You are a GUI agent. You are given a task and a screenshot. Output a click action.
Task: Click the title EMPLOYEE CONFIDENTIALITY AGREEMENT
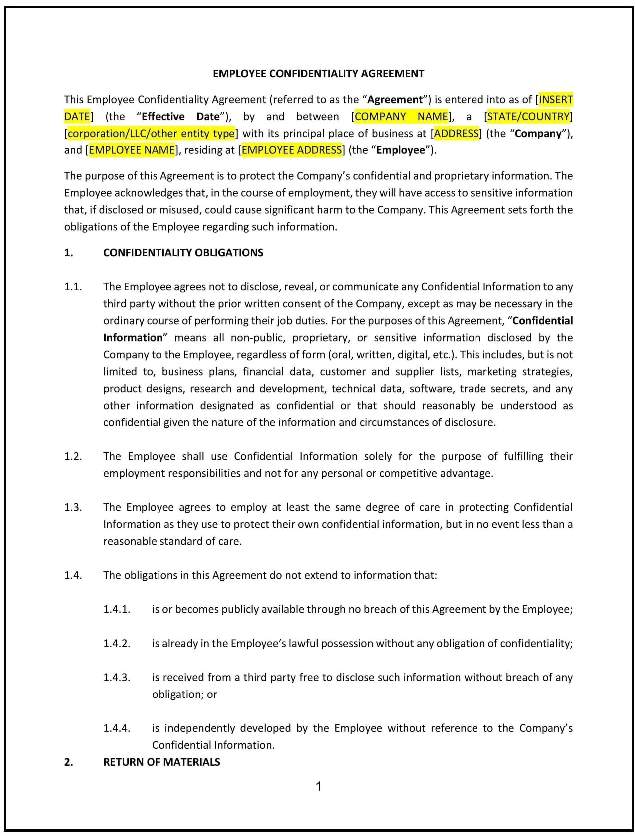click(318, 73)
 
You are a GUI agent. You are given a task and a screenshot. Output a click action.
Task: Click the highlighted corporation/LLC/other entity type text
click(151, 133)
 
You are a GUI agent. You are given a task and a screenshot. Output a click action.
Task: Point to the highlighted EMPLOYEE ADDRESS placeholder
click(291, 150)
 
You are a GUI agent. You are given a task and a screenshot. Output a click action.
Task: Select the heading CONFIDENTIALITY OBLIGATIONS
click(183, 253)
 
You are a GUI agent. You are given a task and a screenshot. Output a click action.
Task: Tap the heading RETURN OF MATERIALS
click(161, 762)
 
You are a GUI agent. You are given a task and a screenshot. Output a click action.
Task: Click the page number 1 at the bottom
click(318, 787)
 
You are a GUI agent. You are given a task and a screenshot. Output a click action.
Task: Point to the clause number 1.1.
click(73, 287)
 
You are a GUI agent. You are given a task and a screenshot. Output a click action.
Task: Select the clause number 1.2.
click(73, 456)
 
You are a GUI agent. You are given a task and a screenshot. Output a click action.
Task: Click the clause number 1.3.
click(73, 507)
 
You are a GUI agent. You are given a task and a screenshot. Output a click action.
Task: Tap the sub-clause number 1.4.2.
click(117, 643)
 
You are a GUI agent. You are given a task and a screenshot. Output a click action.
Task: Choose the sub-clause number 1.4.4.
click(117, 728)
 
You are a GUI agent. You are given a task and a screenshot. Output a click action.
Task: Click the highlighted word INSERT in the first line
click(555, 100)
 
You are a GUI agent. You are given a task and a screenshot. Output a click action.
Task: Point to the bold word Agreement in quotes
click(395, 100)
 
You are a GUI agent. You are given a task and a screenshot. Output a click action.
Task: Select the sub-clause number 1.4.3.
click(117, 677)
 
